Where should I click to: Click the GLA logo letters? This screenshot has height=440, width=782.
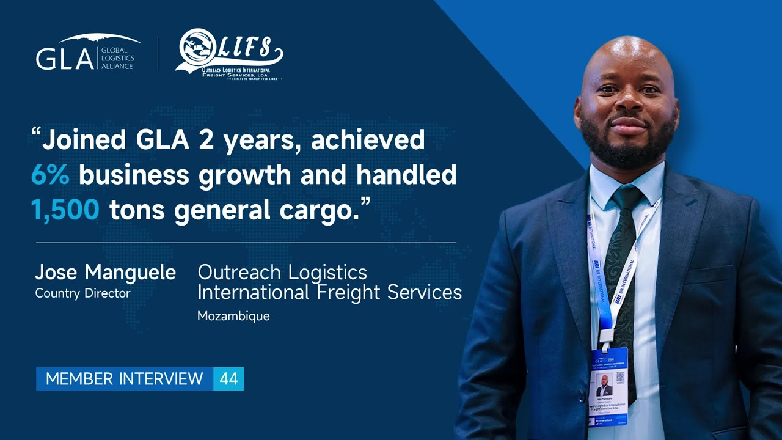(x=64, y=59)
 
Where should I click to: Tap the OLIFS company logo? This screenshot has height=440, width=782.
(x=229, y=55)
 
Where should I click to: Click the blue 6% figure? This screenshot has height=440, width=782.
(x=50, y=175)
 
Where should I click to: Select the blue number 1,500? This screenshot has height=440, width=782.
(x=65, y=210)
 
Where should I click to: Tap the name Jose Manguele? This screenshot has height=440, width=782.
(x=105, y=273)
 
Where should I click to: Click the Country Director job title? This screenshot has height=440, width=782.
(x=82, y=293)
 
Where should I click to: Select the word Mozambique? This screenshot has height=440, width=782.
(x=233, y=316)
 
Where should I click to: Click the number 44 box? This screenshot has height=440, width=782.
(x=228, y=379)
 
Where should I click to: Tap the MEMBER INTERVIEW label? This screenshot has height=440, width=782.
(x=124, y=379)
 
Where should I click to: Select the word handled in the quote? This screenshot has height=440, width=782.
(x=406, y=175)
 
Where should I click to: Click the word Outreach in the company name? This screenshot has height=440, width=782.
(x=239, y=273)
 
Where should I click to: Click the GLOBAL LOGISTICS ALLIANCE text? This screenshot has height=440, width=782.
(x=117, y=59)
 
